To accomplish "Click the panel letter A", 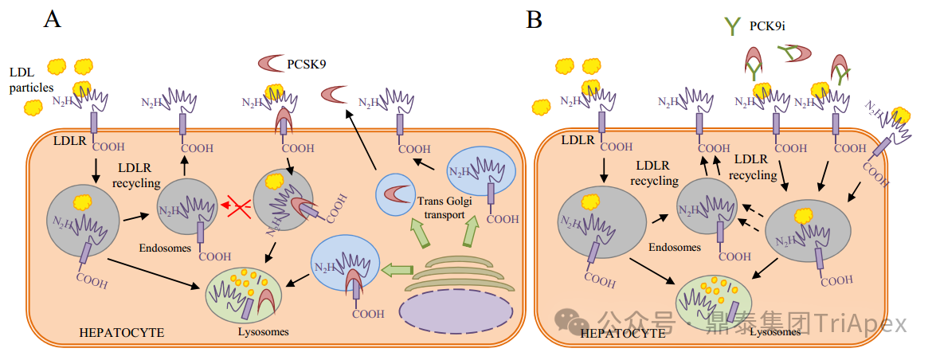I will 52,19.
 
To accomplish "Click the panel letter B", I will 535,19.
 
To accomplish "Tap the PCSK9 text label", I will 306,64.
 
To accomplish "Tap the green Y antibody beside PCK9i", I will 732,26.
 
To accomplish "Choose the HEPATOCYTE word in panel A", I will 122,331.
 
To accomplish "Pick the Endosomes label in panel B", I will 675,247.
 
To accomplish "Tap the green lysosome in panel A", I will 244,295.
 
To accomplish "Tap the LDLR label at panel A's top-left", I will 69,141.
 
